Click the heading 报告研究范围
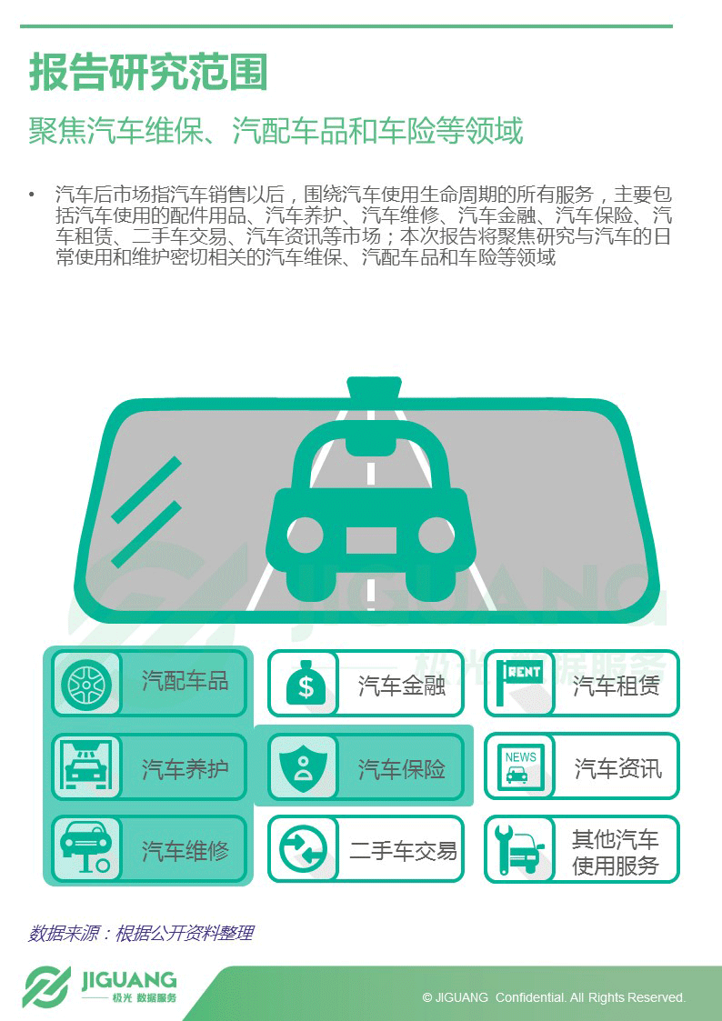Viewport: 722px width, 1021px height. (x=148, y=73)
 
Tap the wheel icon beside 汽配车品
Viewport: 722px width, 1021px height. (x=86, y=684)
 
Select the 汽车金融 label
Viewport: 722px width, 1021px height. (x=401, y=686)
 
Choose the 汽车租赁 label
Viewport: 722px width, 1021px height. (x=617, y=686)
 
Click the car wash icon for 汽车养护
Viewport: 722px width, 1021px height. (x=86, y=766)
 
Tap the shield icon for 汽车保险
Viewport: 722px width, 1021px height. (x=303, y=767)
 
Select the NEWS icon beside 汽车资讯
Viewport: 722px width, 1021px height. (x=521, y=767)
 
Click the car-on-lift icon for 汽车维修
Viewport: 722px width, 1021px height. (x=85, y=846)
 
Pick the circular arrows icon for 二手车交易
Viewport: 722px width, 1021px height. (x=303, y=850)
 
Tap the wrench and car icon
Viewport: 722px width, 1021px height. (x=519, y=849)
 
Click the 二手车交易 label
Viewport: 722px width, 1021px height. (x=403, y=850)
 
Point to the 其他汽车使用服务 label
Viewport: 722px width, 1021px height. (x=616, y=852)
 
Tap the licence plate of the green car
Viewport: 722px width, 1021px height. (x=371, y=540)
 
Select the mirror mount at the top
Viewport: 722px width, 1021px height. (x=374, y=387)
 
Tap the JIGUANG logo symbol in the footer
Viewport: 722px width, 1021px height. (x=47, y=987)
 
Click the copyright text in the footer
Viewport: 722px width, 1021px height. (x=554, y=997)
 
